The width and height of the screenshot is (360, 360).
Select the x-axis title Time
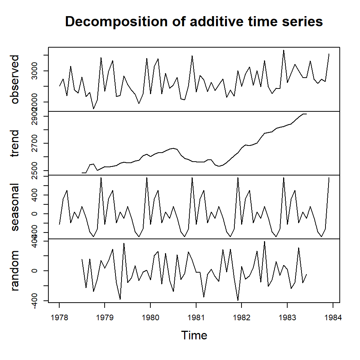(194, 335)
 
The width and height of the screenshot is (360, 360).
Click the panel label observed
(15, 79)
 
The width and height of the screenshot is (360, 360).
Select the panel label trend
(15, 144)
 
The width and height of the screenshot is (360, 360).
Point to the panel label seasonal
(15, 207)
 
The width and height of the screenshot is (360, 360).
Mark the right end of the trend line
(306, 114)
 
